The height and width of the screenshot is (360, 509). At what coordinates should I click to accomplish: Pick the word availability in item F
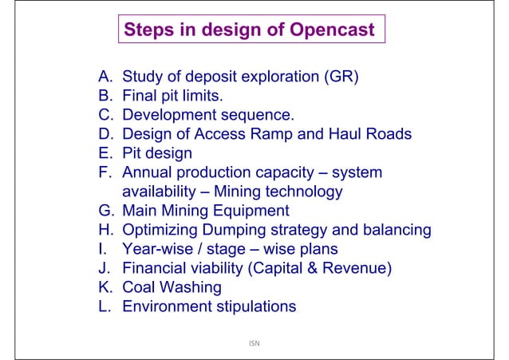click(158, 192)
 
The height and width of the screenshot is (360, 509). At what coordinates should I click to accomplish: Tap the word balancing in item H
click(393, 230)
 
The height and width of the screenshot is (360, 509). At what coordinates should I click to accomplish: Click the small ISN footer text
click(253, 344)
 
